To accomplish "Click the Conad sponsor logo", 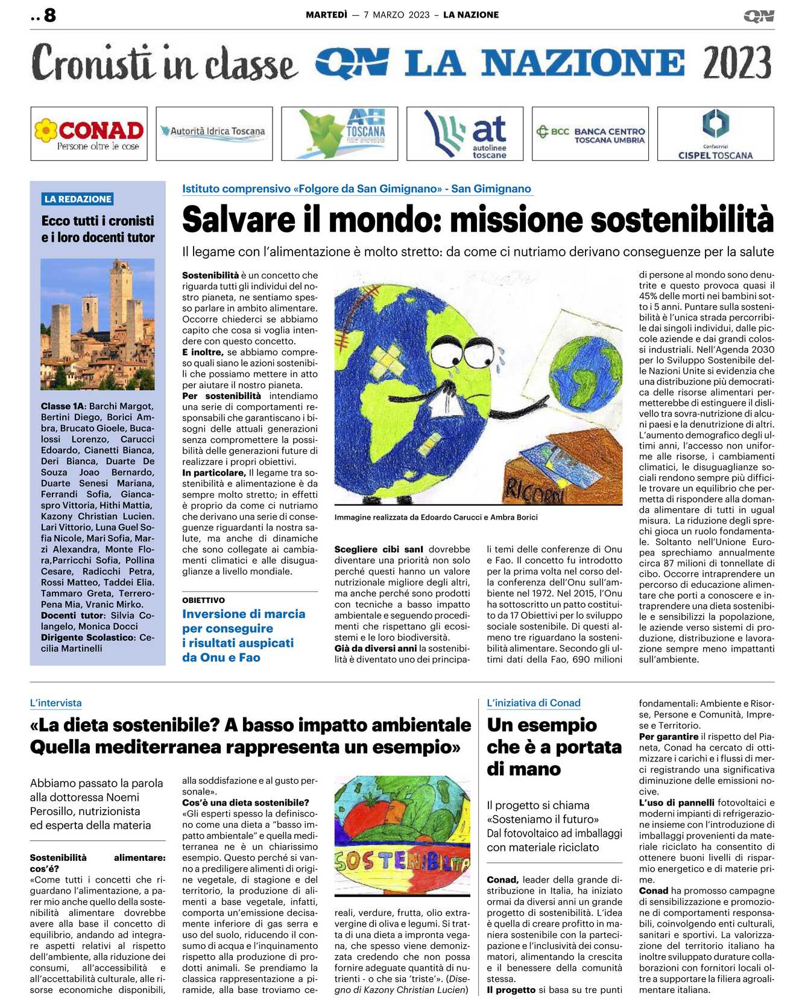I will (x=89, y=134).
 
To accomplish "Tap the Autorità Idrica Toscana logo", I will (x=214, y=131).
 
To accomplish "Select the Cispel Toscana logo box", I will (x=715, y=134).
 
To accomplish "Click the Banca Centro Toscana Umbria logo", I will (x=590, y=134).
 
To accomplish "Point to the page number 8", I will (x=50, y=15).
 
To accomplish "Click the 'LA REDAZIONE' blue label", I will (x=78, y=199).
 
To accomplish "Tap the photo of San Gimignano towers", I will (x=98, y=324).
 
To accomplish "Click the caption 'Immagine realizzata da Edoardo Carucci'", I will (x=435, y=517).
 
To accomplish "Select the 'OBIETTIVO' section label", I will (x=203, y=600).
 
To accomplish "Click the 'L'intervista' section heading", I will (x=55, y=703).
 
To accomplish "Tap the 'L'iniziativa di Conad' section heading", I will (x=533, y=703).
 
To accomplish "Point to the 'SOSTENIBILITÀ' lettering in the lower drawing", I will (x=402, y=862).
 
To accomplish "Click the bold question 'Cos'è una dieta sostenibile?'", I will (x=245, y=802).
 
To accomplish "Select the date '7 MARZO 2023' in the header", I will (x=396, y=15).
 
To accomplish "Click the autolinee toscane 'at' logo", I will (x=465, y=134).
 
